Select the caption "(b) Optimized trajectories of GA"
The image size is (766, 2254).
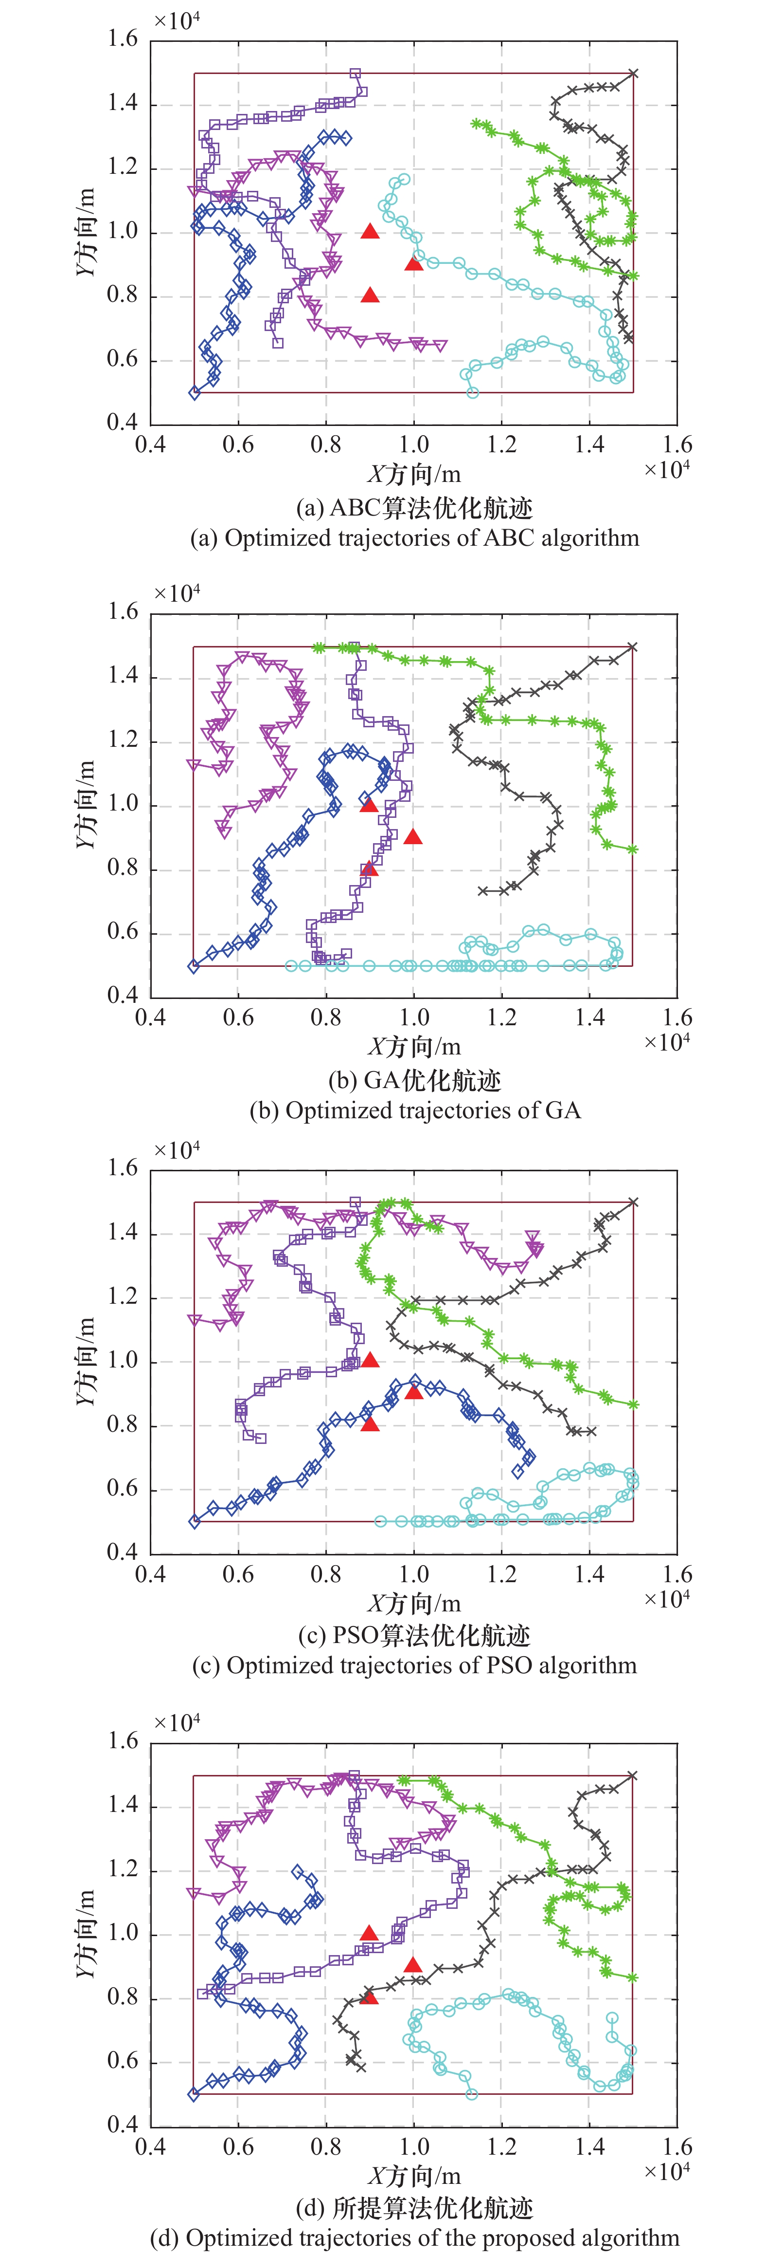tap(414, 1110)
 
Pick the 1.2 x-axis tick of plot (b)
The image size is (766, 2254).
tap(502, 1017)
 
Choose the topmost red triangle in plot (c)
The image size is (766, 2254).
tap(370, 1359)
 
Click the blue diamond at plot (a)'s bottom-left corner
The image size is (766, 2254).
tap(194, 393)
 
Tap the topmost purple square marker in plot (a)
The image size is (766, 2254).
tap(355, 74)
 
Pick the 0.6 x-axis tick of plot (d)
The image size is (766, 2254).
tap(238, 2146)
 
